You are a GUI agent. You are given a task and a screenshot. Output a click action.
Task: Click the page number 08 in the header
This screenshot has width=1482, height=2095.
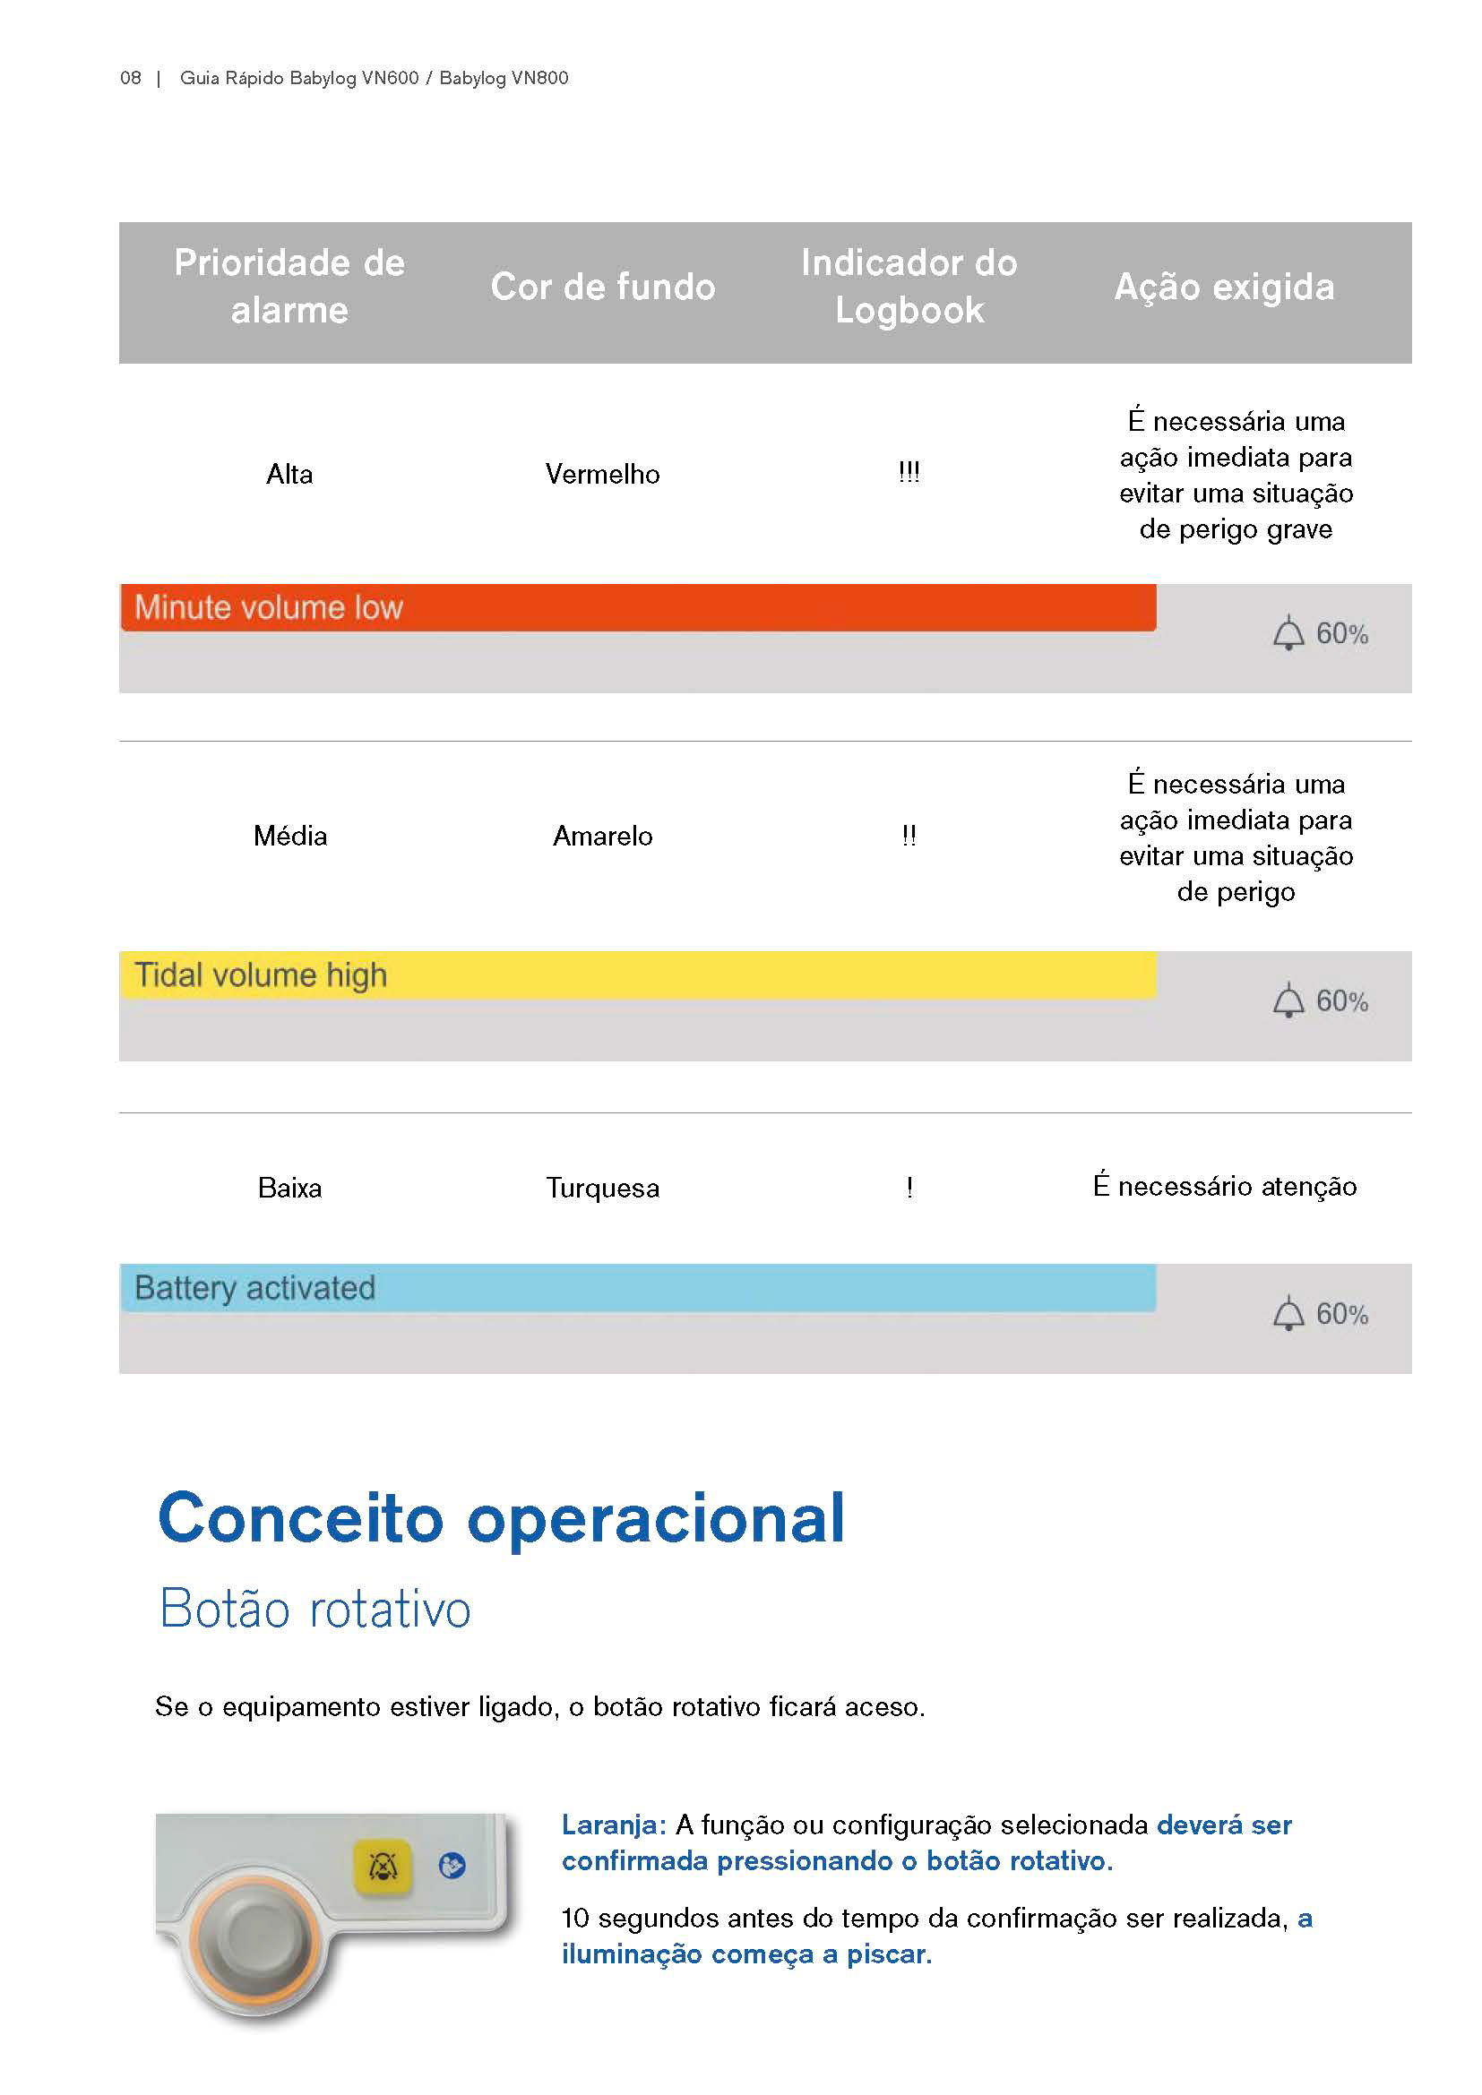131,79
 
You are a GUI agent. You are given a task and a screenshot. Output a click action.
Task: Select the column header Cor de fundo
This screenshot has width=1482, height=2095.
602,287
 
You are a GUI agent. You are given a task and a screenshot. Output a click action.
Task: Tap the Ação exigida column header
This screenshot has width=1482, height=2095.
1224,287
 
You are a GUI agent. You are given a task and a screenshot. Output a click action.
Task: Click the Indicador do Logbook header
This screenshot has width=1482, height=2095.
909,287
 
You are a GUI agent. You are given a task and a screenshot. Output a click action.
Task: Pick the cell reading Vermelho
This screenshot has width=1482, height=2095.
602,475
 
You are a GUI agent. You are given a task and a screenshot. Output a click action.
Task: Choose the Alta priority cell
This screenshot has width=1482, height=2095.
289,475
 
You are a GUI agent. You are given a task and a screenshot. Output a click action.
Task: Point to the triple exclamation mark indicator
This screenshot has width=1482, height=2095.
909,473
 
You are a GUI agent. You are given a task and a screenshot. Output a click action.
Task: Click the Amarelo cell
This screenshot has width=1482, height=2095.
602,836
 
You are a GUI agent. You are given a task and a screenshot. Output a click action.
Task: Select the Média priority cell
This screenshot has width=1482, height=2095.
290,836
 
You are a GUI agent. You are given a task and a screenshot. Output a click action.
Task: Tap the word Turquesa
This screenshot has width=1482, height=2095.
602,1188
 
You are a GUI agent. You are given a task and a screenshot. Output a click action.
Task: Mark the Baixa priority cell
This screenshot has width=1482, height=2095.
289,1188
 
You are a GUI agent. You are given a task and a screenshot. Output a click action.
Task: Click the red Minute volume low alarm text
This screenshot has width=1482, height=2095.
268,607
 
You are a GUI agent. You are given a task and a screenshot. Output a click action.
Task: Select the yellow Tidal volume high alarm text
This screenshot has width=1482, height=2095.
261,975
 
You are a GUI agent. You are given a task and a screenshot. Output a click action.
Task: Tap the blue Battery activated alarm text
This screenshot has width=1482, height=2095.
254,1288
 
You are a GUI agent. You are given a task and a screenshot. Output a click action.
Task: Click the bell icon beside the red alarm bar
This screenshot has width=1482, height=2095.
1288,633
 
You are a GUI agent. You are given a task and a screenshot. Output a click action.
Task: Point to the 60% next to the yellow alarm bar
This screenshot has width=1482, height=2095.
1341,1002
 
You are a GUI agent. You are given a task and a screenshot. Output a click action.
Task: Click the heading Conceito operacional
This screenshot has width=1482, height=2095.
501,1518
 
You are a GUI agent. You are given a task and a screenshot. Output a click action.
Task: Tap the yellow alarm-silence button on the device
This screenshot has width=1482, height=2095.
383,1867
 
